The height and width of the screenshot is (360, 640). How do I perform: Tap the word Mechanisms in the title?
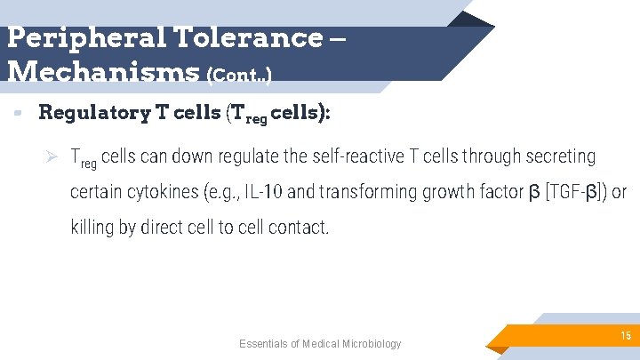(102, 70)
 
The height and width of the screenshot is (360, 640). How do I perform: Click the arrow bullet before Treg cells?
(52, 156)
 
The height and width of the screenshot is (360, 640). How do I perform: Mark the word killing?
(92, 228)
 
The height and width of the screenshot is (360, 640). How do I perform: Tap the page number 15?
(626, 334)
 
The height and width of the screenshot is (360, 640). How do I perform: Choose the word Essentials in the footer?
(263, 344)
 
